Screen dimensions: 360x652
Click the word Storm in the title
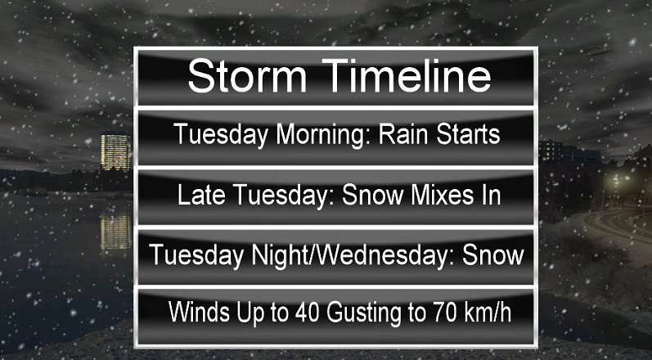[x=243, y=77]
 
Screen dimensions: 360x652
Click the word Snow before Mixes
[x=365, y=196]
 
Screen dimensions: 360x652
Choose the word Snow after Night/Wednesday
[x=492, y=254]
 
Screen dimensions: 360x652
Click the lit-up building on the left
[x=115, y=151]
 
